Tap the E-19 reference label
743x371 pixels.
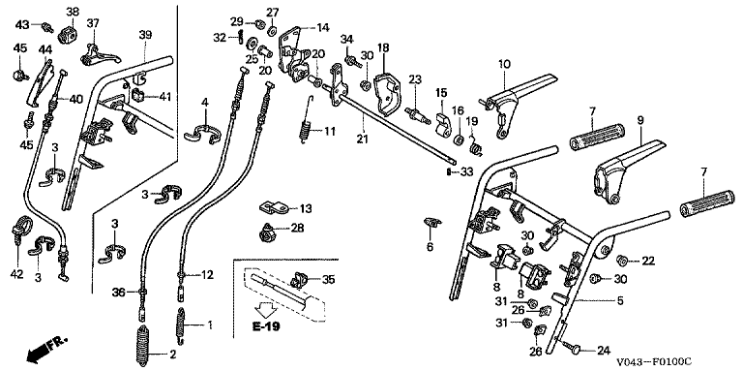click(266, 326)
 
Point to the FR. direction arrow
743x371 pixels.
click(47, 349)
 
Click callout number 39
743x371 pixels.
click(145, 35)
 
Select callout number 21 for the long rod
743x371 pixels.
click(363, 139)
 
